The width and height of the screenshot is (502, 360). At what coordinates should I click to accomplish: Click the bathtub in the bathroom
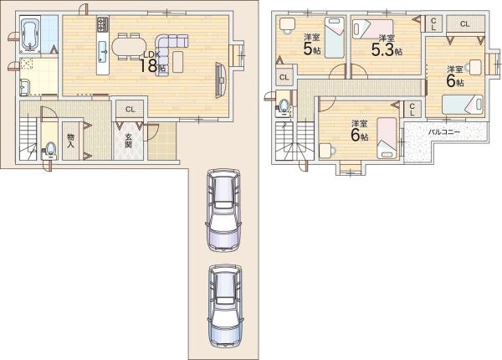(30, 34)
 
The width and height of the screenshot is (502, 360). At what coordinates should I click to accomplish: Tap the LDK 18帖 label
(153, 61)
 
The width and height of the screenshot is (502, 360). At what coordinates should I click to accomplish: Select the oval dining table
(128, 47)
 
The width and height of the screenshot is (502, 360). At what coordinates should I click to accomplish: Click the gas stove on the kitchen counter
(103, 24)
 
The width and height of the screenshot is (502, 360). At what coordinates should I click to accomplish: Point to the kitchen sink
(103, 52)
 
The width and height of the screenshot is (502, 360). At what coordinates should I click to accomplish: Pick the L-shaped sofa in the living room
(169, 50)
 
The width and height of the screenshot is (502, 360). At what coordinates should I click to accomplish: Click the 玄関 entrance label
(128, 141)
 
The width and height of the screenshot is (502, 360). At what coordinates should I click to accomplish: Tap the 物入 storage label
(71, 141)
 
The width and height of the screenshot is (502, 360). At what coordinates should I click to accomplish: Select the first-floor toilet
(49, 151)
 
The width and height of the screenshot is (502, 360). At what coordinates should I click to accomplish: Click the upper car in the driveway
(223, 209)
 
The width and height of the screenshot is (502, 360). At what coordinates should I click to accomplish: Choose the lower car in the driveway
(224, 306)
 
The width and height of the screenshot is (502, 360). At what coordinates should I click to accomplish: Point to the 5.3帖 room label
(387, 46)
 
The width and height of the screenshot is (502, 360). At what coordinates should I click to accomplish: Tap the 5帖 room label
(312, 45)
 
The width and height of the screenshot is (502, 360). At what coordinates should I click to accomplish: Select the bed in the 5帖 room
(335, 38)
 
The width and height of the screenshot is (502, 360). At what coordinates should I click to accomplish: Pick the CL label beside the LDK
(130, 110)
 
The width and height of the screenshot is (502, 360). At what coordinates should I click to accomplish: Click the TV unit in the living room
(221, 80)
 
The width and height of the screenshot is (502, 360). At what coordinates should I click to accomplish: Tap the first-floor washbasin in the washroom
(24, 87)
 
